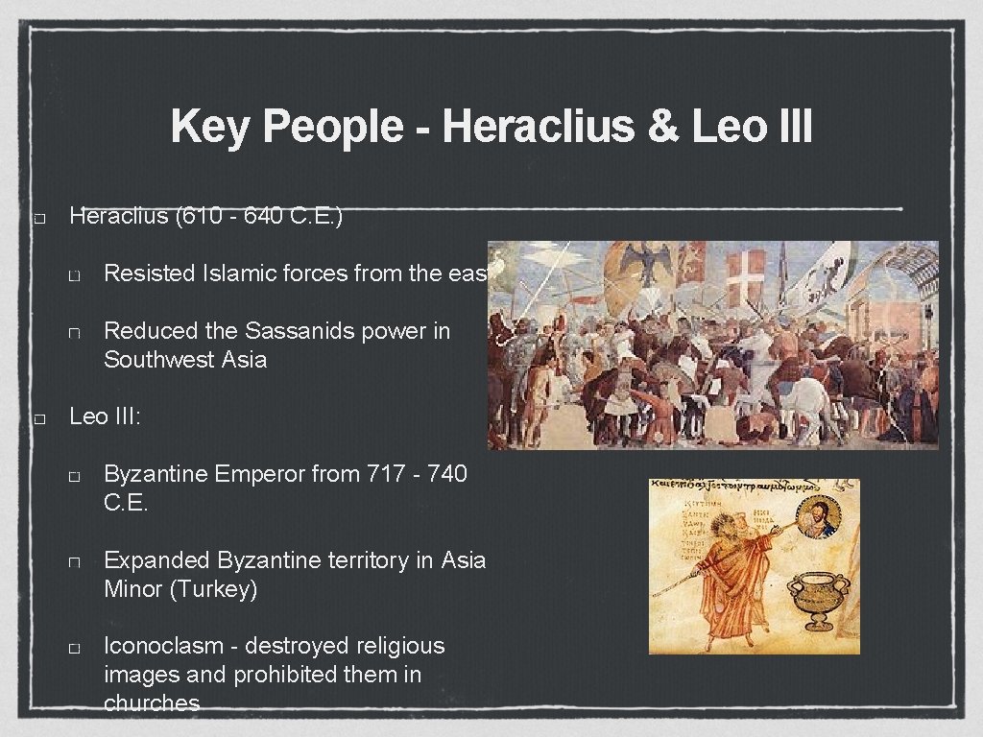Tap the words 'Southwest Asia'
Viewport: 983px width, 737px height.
(x=185, y=360)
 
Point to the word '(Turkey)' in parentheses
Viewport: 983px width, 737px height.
(x=213, y=588)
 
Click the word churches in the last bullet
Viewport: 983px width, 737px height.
(x=152, y=703)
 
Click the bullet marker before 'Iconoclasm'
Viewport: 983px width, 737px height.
(x=74, y=648)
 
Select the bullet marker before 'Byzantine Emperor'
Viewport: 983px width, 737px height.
(x=74, y=475)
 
